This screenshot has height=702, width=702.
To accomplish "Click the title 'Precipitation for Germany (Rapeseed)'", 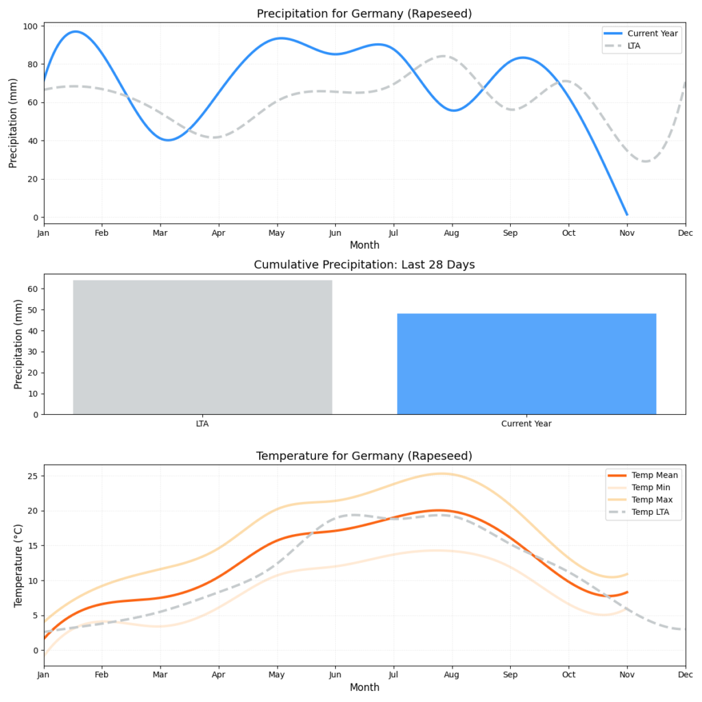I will coord(364,14).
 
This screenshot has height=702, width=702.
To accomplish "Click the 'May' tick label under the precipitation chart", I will coord(277,234).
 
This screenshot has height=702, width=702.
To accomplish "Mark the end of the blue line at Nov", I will coord(627,215).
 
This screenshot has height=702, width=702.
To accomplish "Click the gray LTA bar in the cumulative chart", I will coord(202,347).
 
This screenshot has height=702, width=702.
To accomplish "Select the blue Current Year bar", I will coord(526,363).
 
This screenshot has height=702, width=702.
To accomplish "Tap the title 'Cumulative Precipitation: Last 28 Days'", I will coord(364,265).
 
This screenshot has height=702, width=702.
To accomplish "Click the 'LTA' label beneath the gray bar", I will coord(202,424).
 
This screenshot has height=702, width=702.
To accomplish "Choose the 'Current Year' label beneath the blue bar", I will coord(526,424).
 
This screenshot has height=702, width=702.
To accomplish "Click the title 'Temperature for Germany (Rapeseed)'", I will coord(364,456).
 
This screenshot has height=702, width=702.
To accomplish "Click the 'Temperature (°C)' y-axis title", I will coord(19,565).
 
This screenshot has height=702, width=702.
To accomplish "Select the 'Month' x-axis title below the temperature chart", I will coord(364,688).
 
